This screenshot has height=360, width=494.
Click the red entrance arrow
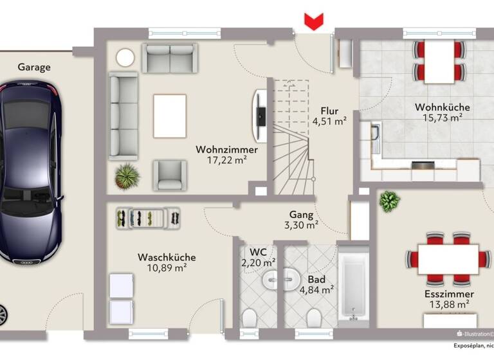coord(313,22)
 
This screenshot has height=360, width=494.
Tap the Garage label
coord(34,67)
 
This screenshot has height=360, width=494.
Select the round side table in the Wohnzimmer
coord(125,57)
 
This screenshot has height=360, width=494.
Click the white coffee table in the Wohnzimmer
coord(170,115)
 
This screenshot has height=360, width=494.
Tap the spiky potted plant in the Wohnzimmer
coord(127,174)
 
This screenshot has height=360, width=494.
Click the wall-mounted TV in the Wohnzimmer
coord(260,115)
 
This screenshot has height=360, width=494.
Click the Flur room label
coord(329,111)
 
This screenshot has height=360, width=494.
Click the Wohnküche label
coord(442,107)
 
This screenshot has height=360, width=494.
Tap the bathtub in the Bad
coord(352,285)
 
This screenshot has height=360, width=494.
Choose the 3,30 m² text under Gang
coord(302,225)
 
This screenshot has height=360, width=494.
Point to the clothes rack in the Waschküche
coord(149,217)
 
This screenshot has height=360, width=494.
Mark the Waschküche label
coord(167,257)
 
